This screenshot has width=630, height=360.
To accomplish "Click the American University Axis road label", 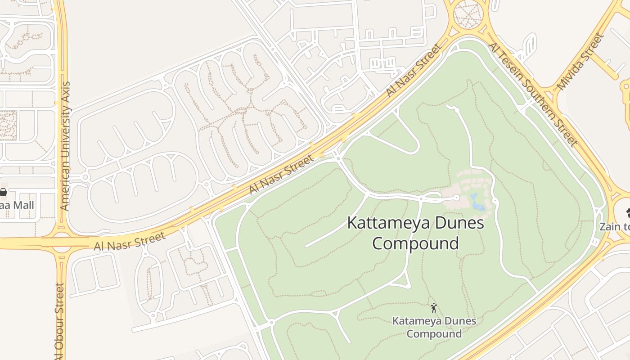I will pos(65,146).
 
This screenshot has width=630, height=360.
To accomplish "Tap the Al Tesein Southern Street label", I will pos(533,94).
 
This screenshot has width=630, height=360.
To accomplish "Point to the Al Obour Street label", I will pos(59,322).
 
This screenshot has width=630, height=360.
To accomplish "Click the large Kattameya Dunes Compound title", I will pos(415,233).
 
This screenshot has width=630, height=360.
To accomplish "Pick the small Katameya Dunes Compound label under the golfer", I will pos(434,327).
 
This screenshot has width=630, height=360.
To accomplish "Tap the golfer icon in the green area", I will pos(434,308).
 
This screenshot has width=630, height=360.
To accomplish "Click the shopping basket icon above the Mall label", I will pos(4,192).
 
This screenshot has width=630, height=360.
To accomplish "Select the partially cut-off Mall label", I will pos(16,206).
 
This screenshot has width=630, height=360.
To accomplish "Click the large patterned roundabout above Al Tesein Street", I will pos(468,14).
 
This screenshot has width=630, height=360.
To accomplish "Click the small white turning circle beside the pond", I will pos(456,198).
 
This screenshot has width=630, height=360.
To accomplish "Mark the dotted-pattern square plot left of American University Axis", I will pos(8,125).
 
